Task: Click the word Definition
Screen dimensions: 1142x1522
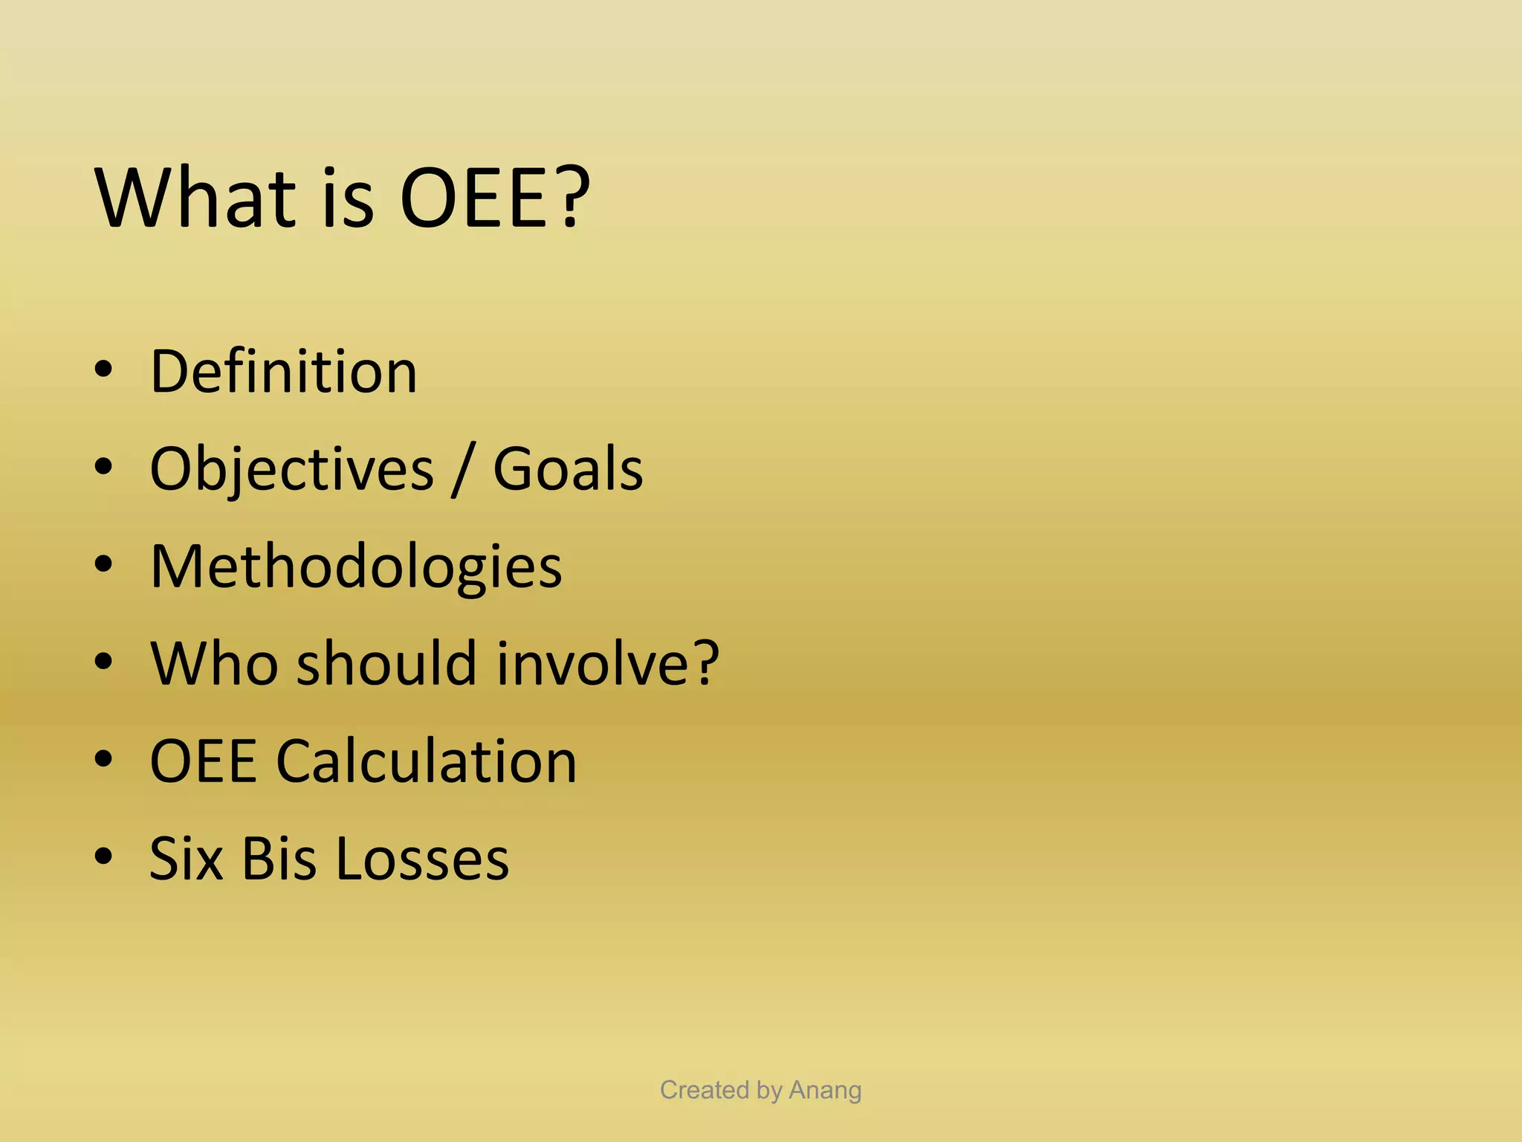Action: (x=283, y=371)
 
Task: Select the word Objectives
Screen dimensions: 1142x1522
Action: (x=291, y=470)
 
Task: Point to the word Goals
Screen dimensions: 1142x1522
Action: (x=568, y=470)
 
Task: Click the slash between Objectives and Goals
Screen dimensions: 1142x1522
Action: (x=462, y=470)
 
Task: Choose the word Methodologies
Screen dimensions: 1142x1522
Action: (x=356, y=567)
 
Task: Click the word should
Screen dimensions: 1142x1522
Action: (x=386, y=663)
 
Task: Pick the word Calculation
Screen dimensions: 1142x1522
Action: (x=427, y=761)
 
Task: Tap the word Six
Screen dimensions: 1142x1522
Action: (x=187, y=859)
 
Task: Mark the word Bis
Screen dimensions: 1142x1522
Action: (x=279, y=859)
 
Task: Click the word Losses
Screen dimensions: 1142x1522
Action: (x=422, y=859)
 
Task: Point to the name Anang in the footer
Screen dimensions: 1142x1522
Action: (x=825, y=1090)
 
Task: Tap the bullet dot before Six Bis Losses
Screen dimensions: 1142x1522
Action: (x=103, y=856)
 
